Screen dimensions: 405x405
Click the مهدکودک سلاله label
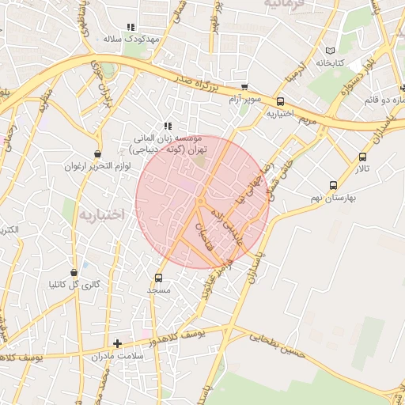pyautogui.click(x=131, y=38)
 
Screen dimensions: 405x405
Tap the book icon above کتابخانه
pyautogui.click(x=331, y=51)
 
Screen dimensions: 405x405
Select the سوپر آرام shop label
pyautogui.click(x=244, y=99)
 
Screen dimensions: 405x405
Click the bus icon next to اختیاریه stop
pyautogui.click(x=281, y=101)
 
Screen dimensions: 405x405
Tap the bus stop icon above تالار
pyautogui.click(x=363, y=157)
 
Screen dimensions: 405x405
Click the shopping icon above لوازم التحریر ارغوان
pyautogui.click(x=97, y=154)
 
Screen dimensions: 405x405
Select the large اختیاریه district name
pyautogui.click(x=104, y=214)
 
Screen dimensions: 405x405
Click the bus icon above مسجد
pyautogui.click(x=159, y=278)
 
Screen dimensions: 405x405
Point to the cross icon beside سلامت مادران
pyautogui.click(x=118, y=343)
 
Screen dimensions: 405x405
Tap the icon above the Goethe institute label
pyautogui.click(x=168, y=126)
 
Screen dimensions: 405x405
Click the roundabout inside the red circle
pyautogui.click(x=200, y=203)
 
